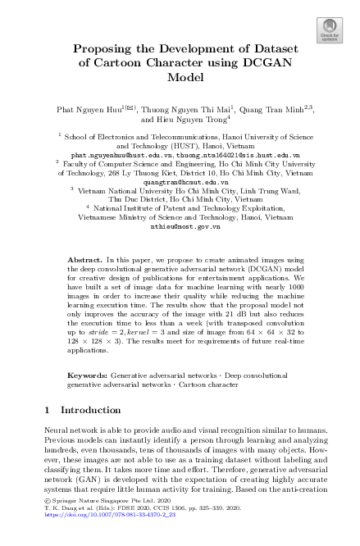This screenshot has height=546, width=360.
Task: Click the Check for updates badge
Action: click(328, 30)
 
